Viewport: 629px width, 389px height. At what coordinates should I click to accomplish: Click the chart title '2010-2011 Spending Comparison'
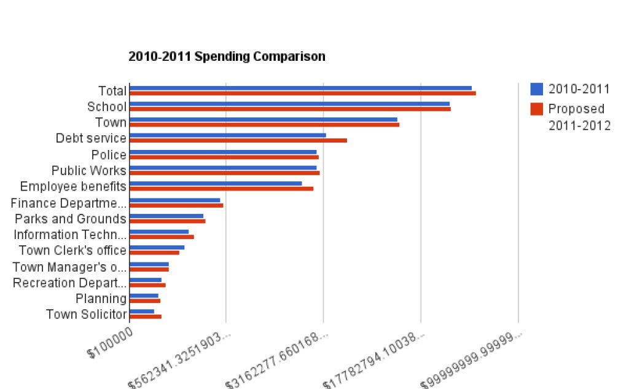coord(227,57)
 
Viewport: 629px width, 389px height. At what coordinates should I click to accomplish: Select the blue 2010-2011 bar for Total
coord(300,88)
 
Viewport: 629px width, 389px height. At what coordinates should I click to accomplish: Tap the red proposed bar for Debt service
coord(238,140)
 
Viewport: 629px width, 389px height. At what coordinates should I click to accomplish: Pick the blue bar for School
coord(289,104)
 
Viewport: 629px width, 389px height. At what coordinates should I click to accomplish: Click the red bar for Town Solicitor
coord(146,316)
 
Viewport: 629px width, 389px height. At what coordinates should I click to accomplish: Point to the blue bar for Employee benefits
coord(216,183)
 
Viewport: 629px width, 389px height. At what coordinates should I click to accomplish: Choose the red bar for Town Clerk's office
coord(155,253)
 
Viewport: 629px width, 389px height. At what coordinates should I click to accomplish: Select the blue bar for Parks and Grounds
coord(166,216)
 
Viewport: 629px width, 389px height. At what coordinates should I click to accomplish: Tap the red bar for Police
coord(224,157)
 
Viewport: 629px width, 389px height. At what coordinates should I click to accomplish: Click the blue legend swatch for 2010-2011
coord(537,89)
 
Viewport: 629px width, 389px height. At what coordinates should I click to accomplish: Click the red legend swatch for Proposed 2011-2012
coord(537,109)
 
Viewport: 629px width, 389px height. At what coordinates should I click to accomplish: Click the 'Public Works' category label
coord(89,171)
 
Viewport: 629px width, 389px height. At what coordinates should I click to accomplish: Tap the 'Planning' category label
coord(101,299)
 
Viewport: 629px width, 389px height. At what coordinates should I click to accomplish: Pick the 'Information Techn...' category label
coord(70,235)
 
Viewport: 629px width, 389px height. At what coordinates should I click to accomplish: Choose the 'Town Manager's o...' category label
coord(69,267)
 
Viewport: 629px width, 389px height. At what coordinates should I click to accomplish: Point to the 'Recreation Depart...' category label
coord(69,283)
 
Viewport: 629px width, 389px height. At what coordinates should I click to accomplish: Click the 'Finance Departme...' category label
coord(69,203)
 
